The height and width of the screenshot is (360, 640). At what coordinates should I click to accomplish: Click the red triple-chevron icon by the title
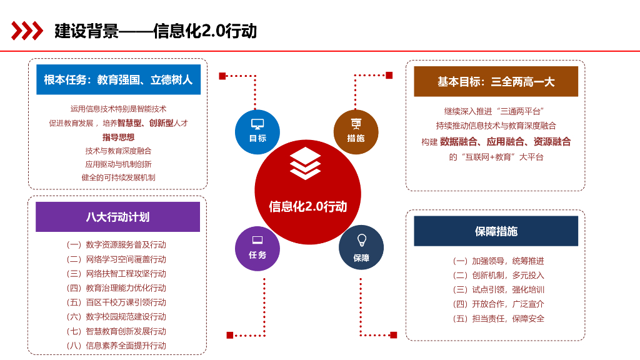click(x=27, y=31)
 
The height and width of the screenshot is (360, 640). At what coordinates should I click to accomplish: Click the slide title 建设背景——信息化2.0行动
click(x=156, y=31)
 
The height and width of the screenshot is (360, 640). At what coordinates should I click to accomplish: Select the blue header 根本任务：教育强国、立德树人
click(x=118, y=80)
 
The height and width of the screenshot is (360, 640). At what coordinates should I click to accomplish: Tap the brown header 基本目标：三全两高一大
click(x=496, y=82)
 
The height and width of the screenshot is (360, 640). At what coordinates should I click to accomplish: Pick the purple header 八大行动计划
click(x=117, y=217)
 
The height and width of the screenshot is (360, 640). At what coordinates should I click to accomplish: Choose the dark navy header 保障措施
click(x=496, y=231)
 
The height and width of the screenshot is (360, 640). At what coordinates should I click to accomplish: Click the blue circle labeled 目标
click(x=257, y=131)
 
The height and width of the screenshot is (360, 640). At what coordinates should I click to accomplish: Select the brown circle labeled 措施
click(x=356, y=131)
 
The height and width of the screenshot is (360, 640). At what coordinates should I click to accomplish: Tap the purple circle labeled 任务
click(x=257, y=247)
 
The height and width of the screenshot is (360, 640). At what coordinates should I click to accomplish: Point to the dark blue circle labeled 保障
click(x=361, y=247)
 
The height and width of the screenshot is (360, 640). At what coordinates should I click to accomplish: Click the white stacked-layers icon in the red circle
click(x=305, y=164)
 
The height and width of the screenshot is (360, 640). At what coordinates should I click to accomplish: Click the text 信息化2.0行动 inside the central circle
click(x=307, y=206)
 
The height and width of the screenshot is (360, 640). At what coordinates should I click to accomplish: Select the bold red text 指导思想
click(x=118, y=137)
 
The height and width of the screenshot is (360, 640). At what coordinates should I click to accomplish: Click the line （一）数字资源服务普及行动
click(x=116, y=244)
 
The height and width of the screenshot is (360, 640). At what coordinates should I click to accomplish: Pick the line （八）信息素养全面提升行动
click(x=116, y=345)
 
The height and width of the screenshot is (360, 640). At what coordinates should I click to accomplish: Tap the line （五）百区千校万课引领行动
click(x=116, y=302)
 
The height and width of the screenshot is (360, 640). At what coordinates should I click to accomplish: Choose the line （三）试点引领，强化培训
click(x=498, y=289)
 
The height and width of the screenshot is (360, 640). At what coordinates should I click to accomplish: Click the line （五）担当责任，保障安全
click(x=498, y=318)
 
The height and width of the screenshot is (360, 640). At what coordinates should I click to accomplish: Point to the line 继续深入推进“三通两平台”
click(x=496, y=111)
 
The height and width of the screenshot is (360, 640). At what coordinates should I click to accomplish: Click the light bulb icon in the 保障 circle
click(x=361, y=240)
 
